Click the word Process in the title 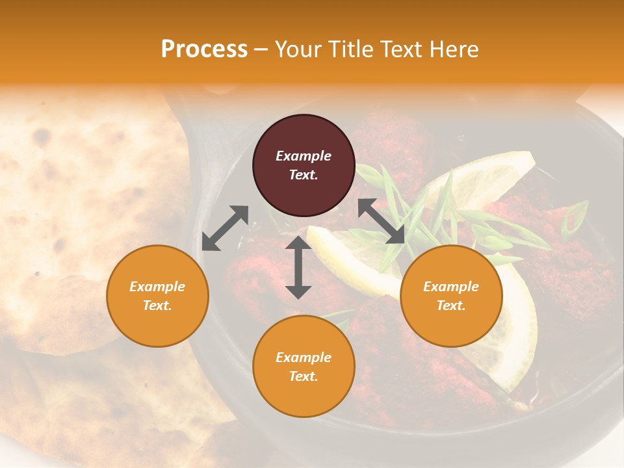[x=204, y=49]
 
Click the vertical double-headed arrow [x=298, y=267]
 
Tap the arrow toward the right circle [x=381, y=221]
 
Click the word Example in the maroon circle [x=304, y=156]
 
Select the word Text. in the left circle [x=157, y=305]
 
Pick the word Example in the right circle [x=451, y=287]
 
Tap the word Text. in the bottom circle [x=304, y=376]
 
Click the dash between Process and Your [x=261, y=49]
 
